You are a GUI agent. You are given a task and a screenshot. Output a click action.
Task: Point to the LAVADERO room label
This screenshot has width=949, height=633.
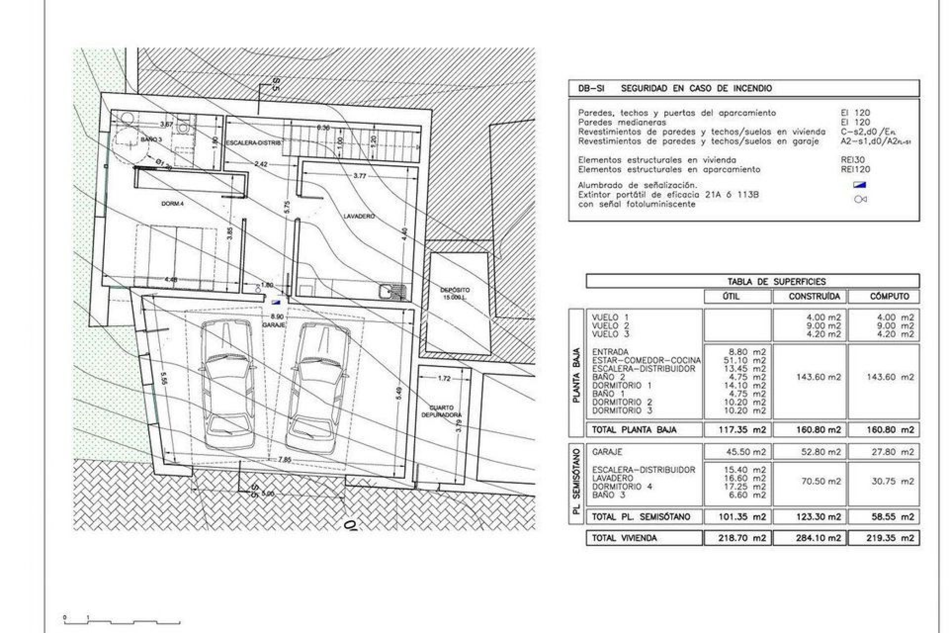(x=359, y=217)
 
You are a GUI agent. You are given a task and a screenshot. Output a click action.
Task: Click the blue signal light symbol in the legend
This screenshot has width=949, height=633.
(x=860, y=185)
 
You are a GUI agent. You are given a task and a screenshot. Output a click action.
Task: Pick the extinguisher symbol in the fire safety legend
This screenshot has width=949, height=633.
(x=860, y=199)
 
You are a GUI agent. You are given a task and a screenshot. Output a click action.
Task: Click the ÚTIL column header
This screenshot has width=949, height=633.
(x=737, y=297)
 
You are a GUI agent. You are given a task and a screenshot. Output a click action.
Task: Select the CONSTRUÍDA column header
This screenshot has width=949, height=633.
(x=810, y=297)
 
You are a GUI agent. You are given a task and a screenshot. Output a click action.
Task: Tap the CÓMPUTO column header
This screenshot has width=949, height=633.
(x=884, y=297)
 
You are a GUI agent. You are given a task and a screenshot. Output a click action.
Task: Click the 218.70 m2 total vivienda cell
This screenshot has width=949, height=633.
(x=737, y=538)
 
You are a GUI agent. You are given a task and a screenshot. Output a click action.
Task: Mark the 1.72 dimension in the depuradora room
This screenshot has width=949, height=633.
(x=444, y=378)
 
